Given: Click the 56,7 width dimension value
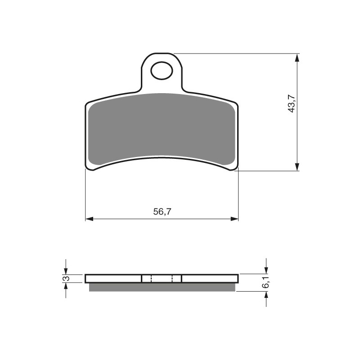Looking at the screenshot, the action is (x=162, y=211).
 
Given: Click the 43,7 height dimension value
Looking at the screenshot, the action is (x=292, y=103).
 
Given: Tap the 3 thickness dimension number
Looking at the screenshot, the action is (x=66, y=279).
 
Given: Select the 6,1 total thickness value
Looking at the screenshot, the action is (x=266, y=283).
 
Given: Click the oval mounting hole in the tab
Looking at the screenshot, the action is (x=162, y=71).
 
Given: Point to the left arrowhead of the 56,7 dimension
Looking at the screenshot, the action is (x=89, y=219).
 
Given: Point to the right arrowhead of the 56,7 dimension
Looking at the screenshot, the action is (x=234, y=219).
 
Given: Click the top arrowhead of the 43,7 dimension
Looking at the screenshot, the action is (x=297, y=58).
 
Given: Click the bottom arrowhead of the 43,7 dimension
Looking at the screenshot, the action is (x=297, y=166).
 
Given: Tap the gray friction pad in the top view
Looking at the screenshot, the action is (x=162, y=129).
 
